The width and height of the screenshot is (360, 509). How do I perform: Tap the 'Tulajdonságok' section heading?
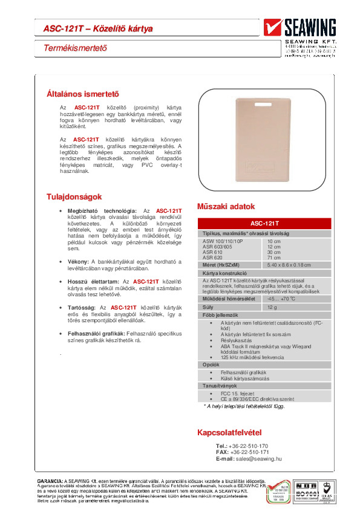click(74, 197)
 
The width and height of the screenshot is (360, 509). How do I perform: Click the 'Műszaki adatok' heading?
click(226, 206)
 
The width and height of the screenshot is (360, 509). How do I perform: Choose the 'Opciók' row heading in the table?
click(211, 365)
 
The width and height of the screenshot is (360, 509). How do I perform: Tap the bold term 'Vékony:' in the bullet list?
click(79, 261)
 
